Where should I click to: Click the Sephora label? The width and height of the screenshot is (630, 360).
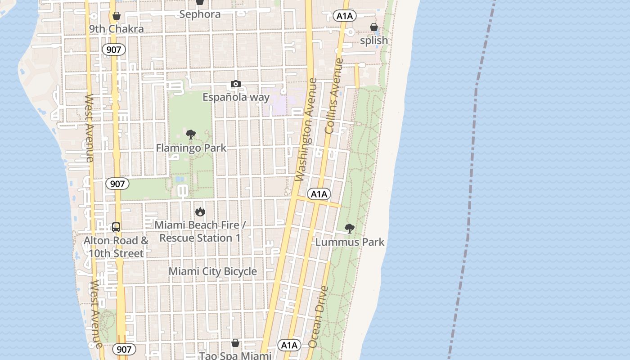coord(200,14)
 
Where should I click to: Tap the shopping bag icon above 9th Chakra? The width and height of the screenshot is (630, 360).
coord(117,16)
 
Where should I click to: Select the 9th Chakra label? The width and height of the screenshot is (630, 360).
coord(116,29)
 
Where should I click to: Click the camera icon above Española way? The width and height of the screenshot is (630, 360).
coord(235,84)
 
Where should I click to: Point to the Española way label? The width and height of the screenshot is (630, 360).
coord(236,97)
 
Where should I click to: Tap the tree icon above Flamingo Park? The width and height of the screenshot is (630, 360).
coord(191,134)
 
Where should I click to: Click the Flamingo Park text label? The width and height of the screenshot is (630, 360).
coord(191,148)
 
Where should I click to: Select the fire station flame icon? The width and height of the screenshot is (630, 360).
coord(200,211)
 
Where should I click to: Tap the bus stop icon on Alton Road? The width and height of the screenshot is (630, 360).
coord(116,227)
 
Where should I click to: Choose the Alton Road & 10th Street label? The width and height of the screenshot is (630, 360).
coord(116,247)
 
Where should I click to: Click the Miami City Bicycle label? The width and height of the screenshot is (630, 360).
coord(212,271)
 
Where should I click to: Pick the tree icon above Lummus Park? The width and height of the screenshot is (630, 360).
coord(349,229)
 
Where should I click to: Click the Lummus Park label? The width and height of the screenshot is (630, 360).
coord(350,242)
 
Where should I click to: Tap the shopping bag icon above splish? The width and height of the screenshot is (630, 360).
coord(373,27)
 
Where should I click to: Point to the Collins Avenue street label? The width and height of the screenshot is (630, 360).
coord(334,96)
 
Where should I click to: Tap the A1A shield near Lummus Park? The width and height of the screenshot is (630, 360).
coord(319,194)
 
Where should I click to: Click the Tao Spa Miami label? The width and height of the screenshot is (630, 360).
coord(235,355)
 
